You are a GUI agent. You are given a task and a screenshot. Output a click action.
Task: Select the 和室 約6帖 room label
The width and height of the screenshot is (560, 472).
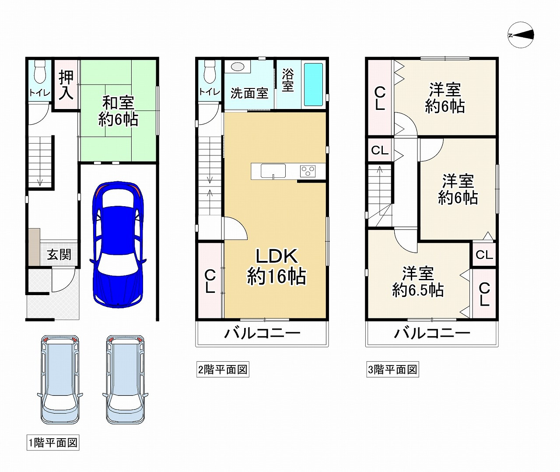pyautogui.click(x=118, y=111)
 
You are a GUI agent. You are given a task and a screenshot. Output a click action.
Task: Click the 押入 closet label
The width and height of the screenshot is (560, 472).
pyautogui.click(x=66, y=85)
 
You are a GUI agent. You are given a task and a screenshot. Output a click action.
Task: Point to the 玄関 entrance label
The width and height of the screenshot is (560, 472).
pyautogui.click(x=59, y=254)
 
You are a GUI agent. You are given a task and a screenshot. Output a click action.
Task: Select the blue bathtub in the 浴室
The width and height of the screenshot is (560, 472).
pyautogui.click(x=313, y=85)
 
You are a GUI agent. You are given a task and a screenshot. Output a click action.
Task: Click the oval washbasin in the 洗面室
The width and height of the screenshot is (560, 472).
pyautogui.click(x=238, y=67)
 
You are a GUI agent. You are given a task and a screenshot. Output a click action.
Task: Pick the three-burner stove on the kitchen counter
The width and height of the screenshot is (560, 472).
pyautogui.click(x=308, y=171)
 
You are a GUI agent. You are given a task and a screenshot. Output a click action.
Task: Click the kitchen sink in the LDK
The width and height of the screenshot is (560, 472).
pyautogui.click(x=273, y=171)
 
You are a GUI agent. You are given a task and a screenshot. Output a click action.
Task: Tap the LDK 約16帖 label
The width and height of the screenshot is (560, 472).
pyautogui.click(x=276, y=267)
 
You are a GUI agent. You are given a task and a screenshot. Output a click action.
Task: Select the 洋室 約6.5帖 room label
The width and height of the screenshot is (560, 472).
pyautogui.click(x=418, y=282)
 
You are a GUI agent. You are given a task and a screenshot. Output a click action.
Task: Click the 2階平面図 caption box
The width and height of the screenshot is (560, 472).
pyautogui.click(x=223, y=370)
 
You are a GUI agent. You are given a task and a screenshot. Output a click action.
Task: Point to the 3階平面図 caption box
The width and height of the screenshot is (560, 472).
pyautogui.click(x=392, y=370)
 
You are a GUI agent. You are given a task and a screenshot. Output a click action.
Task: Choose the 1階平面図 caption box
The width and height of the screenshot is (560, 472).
pyautogui.click(x=53, y=443)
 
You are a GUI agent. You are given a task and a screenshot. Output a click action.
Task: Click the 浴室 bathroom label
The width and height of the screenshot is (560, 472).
pyautogui.click(x=288, y=80)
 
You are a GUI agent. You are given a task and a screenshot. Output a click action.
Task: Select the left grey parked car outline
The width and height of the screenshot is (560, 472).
pyautogui.click(x=60, y=379)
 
